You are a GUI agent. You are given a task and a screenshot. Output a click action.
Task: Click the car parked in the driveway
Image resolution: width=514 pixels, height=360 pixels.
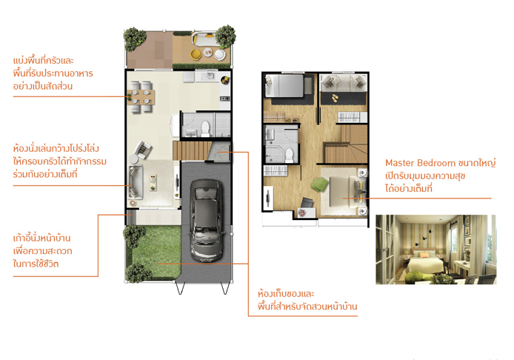tap(206, 220)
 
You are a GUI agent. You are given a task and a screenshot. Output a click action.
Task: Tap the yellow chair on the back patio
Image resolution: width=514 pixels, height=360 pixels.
tap(196, 54)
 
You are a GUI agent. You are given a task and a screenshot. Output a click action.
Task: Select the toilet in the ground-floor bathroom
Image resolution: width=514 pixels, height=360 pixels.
tap(205, 129)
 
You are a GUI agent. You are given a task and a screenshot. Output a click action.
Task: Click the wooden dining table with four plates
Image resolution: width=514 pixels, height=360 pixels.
tap(141, 97)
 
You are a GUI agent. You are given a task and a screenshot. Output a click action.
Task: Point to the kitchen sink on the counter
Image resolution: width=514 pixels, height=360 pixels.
tap(207, 76)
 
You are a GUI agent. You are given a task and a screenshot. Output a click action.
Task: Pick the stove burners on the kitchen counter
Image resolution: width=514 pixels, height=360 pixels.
tap(224, 99)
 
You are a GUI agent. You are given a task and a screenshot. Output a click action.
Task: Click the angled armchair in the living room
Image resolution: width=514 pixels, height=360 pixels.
tap(143, 150)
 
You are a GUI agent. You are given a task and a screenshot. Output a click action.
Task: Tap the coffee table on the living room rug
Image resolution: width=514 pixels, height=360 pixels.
tap(153, 183)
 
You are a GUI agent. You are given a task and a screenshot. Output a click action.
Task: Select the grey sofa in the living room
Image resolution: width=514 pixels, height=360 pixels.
tap(135, 182)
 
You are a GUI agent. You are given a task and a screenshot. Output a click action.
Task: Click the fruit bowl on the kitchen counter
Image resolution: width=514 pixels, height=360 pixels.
tap(225, 80)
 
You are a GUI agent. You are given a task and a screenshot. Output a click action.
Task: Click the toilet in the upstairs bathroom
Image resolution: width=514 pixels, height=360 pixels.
tap(289, 156)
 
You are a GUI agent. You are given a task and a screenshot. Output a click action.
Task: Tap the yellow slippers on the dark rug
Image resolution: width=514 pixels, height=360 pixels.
tap(334, 98)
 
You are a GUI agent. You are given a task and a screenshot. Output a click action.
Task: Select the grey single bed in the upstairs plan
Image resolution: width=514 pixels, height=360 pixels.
tap(284, 86)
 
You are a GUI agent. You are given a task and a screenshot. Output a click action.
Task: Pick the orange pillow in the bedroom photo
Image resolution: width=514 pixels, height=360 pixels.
tap(421, 254)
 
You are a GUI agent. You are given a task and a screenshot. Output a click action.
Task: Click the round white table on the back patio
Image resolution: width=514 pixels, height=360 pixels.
tap(220, 55)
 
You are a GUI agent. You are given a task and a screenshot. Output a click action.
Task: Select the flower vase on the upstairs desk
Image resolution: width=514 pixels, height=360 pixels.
tap(301, 213)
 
